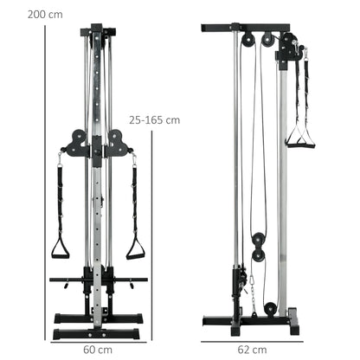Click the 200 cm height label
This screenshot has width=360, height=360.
[x=20, y=14]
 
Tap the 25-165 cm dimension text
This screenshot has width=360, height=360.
[x=154, y=119]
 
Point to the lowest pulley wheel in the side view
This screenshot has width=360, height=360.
[x=272, y=309]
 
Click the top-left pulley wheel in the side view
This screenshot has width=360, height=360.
[x=249, y=40]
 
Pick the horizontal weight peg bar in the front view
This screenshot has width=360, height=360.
[x=69, y=280]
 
